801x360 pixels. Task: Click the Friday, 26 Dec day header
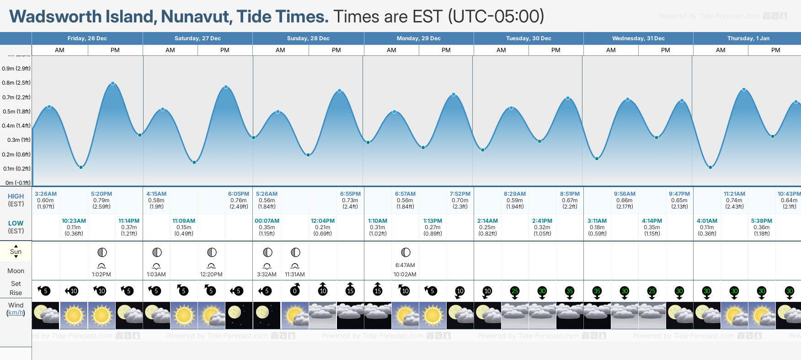coord(87,38)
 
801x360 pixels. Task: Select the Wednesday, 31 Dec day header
coord(638,38)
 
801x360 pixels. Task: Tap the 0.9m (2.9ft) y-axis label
coord(16,69)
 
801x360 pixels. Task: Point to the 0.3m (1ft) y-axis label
coord(19,140)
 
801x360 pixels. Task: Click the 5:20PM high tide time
coord(101,194)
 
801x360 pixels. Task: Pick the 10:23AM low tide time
coord(74,221)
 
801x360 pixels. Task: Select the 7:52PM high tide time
coord(460,194)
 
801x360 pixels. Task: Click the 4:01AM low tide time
coord(707,221)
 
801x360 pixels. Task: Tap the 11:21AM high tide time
coord(734,194)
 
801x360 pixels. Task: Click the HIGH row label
coord(16,196)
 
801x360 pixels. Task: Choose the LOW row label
coord(16,223)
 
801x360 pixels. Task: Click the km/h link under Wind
coord(16,313)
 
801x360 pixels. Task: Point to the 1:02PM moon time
coord(101,274)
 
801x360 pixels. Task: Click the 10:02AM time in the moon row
coord(405,274)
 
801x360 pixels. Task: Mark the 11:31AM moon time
coord(294,274)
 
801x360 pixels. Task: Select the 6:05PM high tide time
coord(239,194)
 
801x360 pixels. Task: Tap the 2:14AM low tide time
coord(487,221)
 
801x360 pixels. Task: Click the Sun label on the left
coord(16,252)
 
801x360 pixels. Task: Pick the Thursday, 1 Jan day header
coord(748,38)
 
